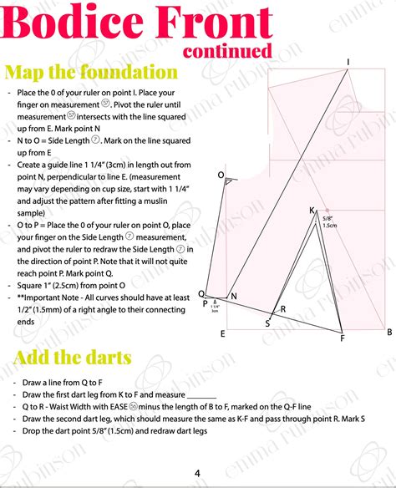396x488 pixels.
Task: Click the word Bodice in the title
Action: click(x=71, y=26)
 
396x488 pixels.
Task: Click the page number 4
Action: click(x=197, y=473)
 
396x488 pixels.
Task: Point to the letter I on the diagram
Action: click(x=348, y=62)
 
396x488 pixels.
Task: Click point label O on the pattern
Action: click(x=221, y=175)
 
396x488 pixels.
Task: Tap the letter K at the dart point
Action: click(x=312, y=210)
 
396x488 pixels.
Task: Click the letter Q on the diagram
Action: click(x=201, y=294)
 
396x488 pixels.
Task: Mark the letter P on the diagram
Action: click(x=205, y=303)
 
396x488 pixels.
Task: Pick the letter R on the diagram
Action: click(x=283, y=309)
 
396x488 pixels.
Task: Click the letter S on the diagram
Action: click(x=267, y=323)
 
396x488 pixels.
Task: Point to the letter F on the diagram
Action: click(x=342, y=338)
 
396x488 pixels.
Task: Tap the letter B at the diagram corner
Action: click(x=388, y=332)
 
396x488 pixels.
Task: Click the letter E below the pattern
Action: click(x=222, y=333)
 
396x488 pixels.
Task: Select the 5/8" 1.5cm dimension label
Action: click(x=329, y=222)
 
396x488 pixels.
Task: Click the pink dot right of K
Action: click(x=328, y=210)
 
